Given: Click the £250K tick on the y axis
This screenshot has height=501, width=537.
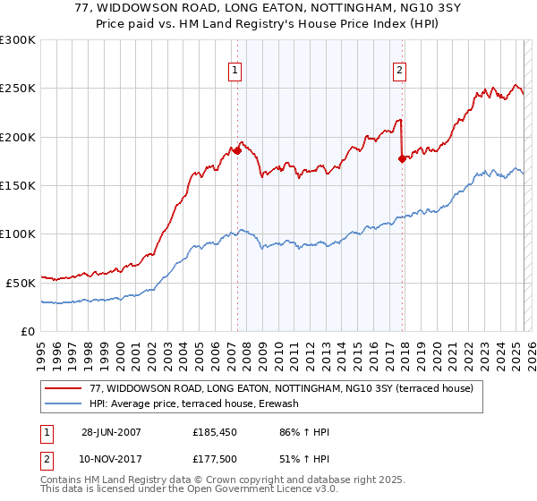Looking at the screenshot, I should [x=19, y=89].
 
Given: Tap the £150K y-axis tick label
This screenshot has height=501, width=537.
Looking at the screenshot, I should [x=19, y=185].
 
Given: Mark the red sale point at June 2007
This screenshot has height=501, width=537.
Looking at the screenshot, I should [x=237, y=150].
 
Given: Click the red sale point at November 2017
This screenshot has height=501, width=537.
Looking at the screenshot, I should [x=402, y=158].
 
